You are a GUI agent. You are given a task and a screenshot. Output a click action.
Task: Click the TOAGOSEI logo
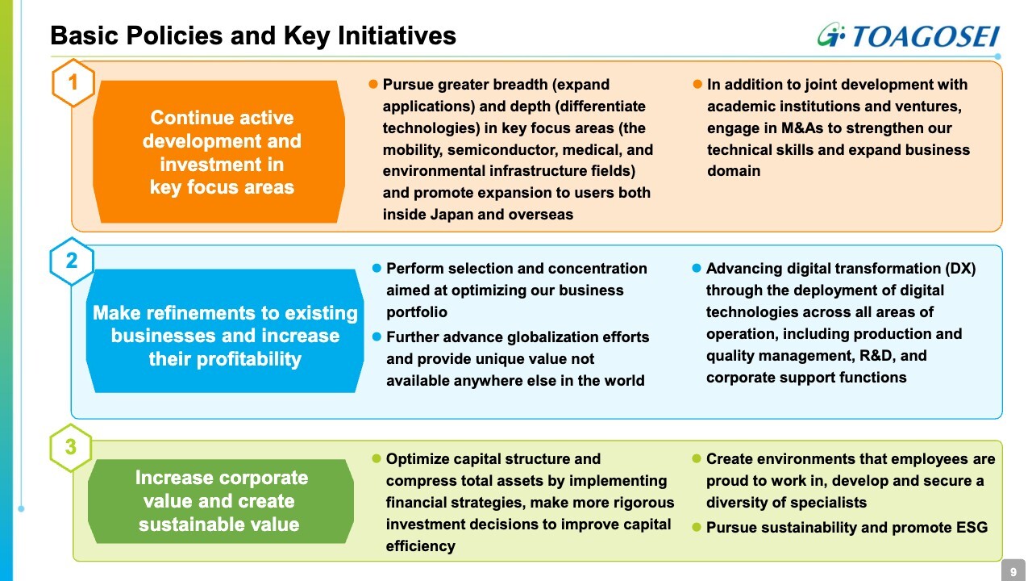[x=909, y=35]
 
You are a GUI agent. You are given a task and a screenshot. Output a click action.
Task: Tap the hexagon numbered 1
[x=73, y=83]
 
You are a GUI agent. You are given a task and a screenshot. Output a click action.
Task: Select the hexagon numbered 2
[x=72, y=261]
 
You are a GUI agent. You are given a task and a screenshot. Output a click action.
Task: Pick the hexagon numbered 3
[x=71, y=447]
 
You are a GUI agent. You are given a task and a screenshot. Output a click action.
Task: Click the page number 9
[x=1013, y=572]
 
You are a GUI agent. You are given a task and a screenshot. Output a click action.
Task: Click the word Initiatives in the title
[x=397, y=36]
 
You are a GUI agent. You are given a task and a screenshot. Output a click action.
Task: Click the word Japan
[x=451, y=215]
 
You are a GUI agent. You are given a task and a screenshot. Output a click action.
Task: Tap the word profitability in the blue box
[x=249, y=359]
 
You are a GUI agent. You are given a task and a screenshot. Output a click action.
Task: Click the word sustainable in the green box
[x=181, y=525]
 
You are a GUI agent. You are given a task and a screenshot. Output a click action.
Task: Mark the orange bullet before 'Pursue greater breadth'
[x=373, y=85]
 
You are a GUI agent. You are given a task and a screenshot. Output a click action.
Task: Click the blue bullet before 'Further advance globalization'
[x=377, y=337]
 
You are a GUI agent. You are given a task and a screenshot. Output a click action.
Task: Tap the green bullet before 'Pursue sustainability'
[x=697, y=527]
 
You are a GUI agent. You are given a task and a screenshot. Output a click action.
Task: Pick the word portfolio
[x=417, y=312]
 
